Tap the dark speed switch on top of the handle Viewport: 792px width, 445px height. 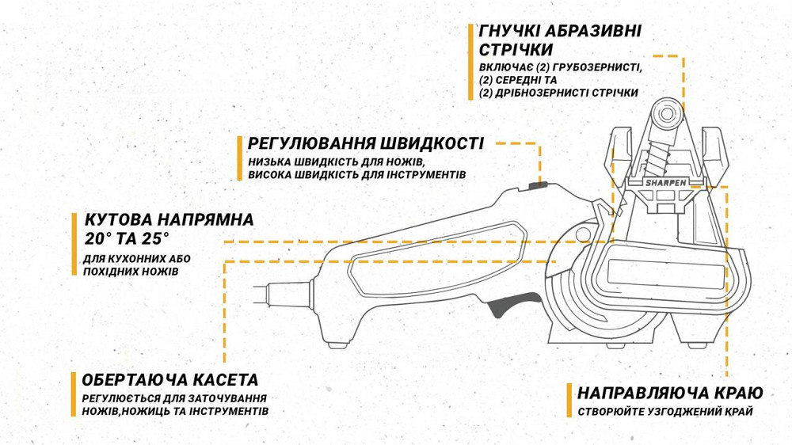pyautogui.click(x=538, y=188)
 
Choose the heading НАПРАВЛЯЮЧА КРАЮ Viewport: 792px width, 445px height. pyautogui.click(x=670, y=394)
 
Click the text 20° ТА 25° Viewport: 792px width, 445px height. pyautogui.click(x=128, y=238)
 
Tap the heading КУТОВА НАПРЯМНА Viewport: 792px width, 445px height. pyautogui.click(x=169, y=219)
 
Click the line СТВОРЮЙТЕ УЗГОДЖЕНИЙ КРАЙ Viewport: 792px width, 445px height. pyautogui.click(x=665, y=412)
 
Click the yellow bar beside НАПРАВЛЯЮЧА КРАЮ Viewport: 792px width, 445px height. pyautogui.click(x=569, y=401)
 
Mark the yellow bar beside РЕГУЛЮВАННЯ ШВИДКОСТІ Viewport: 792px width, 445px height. pyautogui.click(x=239, y=158)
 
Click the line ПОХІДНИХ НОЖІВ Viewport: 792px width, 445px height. pyautogui.click(x=130, y=272)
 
